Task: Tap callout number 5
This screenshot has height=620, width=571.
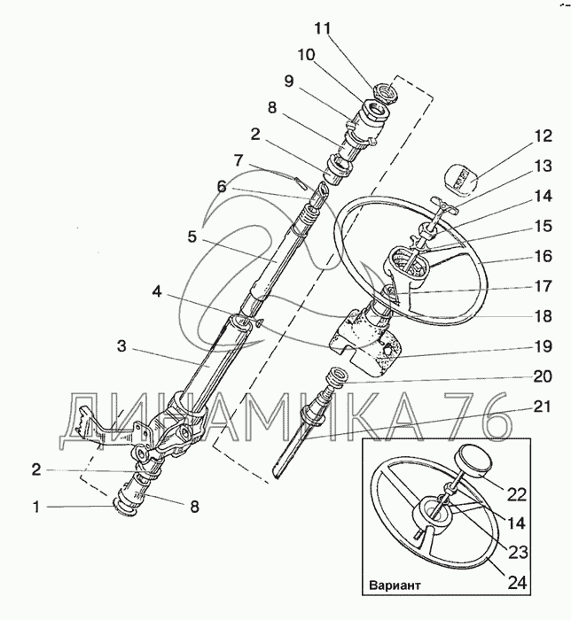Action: [x=191, y=236]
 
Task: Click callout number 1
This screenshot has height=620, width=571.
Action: [x=35, y=508]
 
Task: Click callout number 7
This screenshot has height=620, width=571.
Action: [x=238, y=160]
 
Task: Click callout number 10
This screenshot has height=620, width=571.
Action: [x=306, y=54]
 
